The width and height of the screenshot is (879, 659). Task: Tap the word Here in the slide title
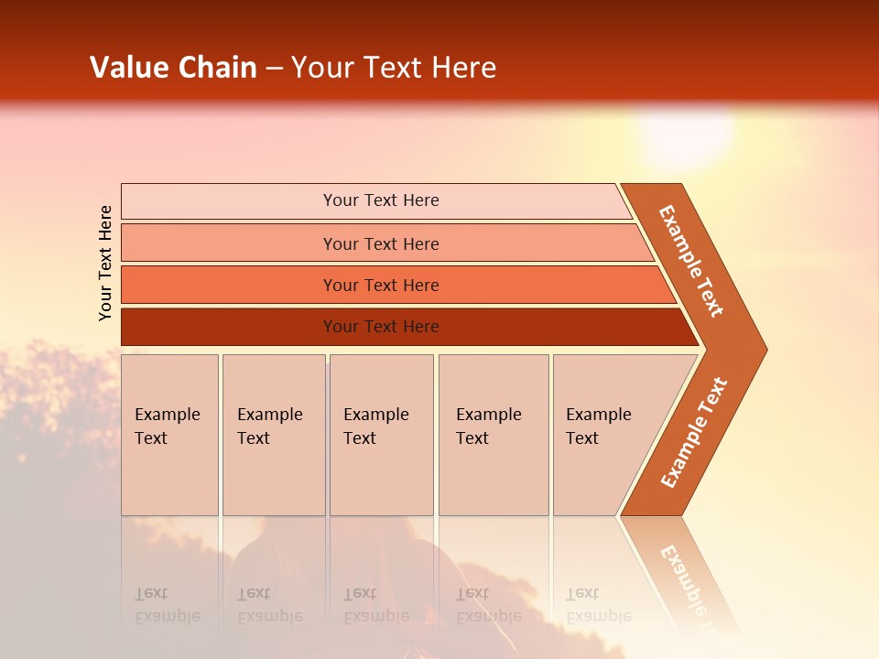(x=463, y=67)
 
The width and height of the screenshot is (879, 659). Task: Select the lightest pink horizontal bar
(x=376, y=200)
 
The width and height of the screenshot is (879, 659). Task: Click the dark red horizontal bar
(x=410, y=327)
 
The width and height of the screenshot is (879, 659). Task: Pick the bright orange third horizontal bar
(x=398, y=286)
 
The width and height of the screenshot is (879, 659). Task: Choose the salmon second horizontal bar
(x=387, y=243)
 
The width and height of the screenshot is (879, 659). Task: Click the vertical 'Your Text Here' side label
(x=105, y=263)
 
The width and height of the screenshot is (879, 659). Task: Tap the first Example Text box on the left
(x=170, y=435)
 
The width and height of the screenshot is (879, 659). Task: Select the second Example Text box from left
(x=274, y=435)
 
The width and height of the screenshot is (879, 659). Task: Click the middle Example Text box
(x=382, y=435)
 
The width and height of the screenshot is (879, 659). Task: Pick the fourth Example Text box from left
(x=494, y=435)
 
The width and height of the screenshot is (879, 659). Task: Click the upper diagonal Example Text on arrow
(x=691, y=261)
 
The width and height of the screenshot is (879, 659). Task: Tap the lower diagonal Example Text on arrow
(x=694, y=432)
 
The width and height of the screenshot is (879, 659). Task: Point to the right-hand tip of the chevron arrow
(x=767, y=350)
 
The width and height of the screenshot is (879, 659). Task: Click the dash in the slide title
(x=274, y=70)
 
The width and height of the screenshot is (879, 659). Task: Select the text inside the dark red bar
(x=381, y=327)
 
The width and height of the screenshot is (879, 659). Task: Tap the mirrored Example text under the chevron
(x=685, y=580)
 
